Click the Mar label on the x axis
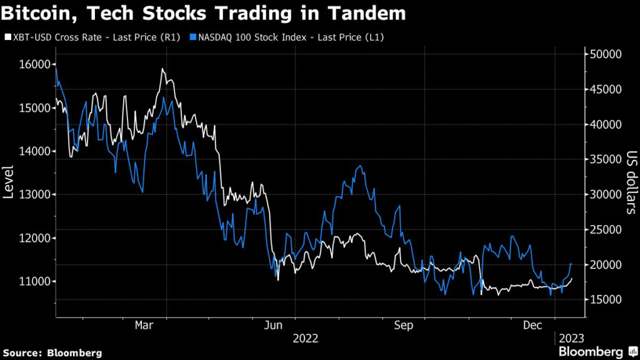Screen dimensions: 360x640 [144, 325]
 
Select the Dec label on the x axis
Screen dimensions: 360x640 [532, 325]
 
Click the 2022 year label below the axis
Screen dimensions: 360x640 [306, 338]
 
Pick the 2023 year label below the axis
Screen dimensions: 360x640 [571, 338]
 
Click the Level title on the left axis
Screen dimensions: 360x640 [9, 181]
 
